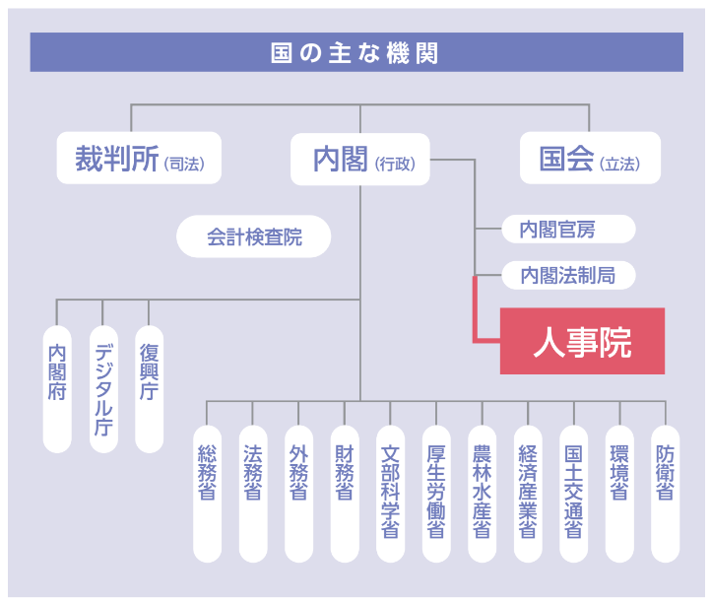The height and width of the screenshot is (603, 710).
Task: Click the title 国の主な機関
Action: coord(355,52)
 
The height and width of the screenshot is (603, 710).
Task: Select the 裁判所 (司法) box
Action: coord(139,159)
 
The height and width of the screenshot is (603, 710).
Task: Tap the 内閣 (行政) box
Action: coord(360,159)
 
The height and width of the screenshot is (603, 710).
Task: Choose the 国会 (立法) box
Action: coord(589,159)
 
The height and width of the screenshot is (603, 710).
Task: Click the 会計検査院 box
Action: coord(254,237)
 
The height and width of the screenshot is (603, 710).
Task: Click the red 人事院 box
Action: coord(582,341)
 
